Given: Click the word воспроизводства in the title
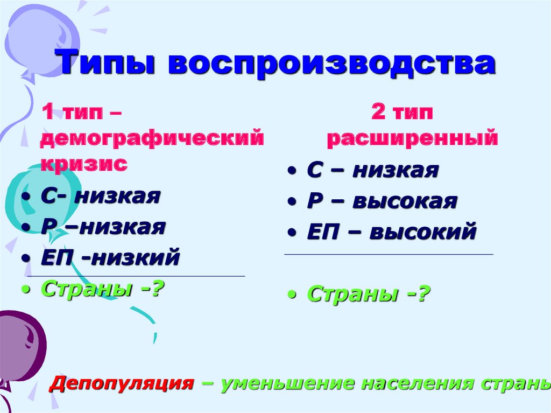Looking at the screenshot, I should tap(331, 64).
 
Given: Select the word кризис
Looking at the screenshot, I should tap(84, 163).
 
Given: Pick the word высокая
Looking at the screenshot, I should tap(405, 201).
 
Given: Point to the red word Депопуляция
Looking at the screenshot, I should tap(122, 383).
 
